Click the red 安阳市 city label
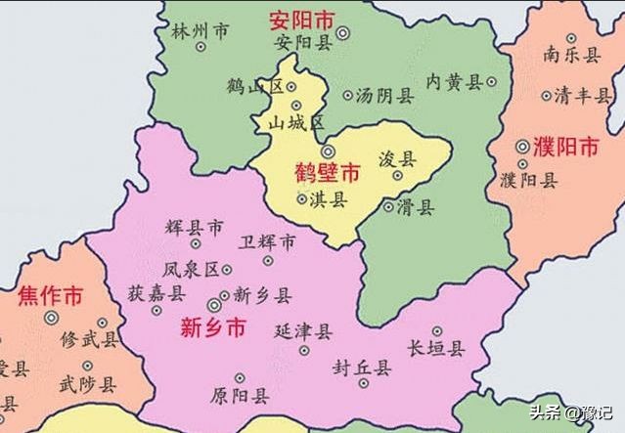click(x=302, y=19)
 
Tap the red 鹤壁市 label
click(x=327, y=174)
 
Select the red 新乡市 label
click(x=213, y=329)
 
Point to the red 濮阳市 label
click(x=565, y=148)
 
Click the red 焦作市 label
click(x=49, y=294)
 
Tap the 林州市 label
click(x=200, y=31)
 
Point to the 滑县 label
click(x=417, y=206)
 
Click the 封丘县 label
click(x=362, y=368)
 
